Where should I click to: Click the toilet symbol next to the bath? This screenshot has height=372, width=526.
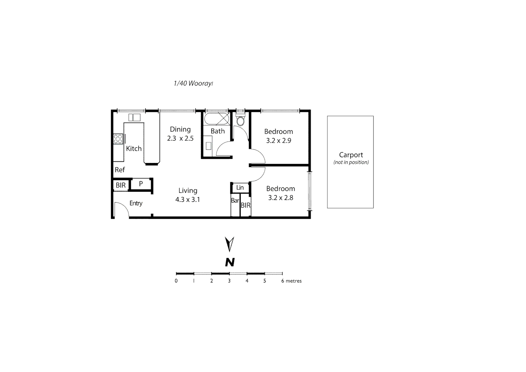click(240, 120)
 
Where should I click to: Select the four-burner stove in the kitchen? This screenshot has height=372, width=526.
click(118, 139)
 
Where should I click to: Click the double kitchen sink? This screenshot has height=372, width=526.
click(134, 117)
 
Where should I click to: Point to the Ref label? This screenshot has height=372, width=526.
click(120, 170)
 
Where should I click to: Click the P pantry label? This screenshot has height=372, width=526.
click(141, 184)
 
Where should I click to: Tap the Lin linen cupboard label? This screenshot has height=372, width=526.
click(240, 188)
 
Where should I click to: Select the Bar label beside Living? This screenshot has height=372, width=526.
click(235, 200)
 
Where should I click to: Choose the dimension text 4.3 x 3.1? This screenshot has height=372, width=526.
click(188, 199)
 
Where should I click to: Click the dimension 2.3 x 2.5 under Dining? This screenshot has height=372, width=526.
click(180, 138)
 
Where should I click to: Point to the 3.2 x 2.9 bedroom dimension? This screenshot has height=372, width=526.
click(278, 141)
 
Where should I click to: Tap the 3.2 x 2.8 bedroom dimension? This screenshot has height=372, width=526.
click(281, 198)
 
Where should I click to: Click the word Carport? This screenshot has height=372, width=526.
click(351, 155)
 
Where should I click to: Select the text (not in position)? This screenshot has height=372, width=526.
click(351, 162)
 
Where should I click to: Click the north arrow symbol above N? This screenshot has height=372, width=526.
click(229, 244)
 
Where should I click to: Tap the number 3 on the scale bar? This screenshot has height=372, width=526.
click(229, 281)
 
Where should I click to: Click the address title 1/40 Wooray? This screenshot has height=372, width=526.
click(193, 83)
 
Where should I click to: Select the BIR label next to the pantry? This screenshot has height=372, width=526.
click(120, 185)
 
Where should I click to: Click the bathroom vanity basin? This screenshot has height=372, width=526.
click(208, 145)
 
